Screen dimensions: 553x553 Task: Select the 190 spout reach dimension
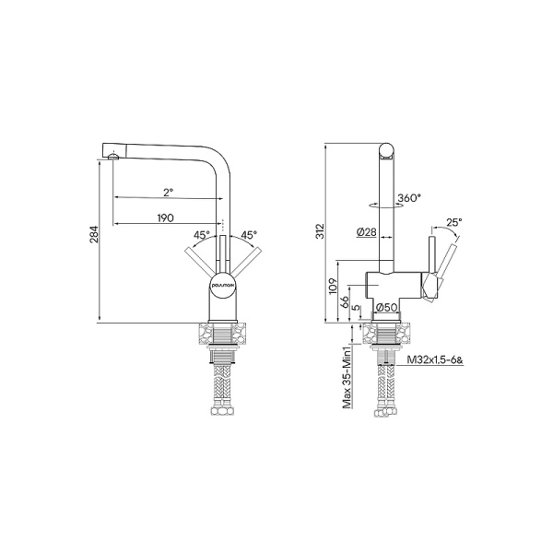(x=166, y=218)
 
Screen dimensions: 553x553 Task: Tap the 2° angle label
(x=168, y=192)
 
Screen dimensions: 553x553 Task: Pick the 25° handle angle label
(x=453, y=222)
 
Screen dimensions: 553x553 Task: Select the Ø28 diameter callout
(x=367, y=232)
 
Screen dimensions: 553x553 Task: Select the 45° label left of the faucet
(x=201, y=235)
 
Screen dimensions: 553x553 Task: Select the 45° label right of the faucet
(x=248, y=235)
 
